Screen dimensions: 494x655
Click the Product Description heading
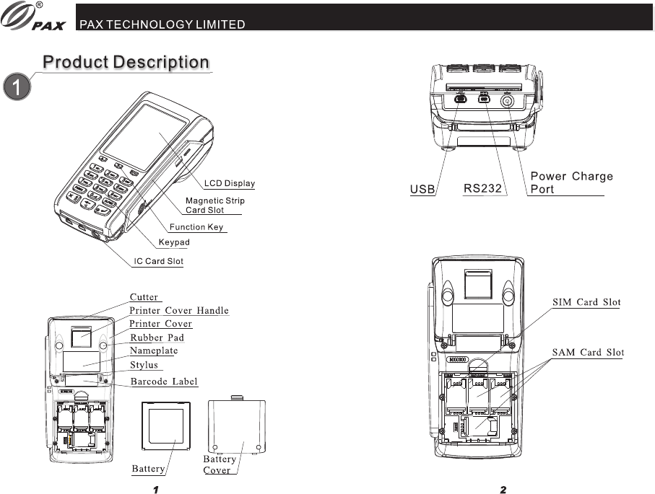tap(126, 62)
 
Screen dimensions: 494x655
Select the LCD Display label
tap(229, 183)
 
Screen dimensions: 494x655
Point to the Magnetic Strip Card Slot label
tap(214, 206)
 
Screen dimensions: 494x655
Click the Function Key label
tap(196, 227)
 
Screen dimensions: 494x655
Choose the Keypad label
tap(174, 242)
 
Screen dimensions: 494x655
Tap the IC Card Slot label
tap(159, 261)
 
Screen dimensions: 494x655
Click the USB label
tap(422, 190)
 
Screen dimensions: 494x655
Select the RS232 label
tap(482, 189)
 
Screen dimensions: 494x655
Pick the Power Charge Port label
tap(571, 182)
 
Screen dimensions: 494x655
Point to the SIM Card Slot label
tap(586, 302)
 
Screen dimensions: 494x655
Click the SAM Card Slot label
tap(587, 353)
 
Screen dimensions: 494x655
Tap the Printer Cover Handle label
tap(178, 311)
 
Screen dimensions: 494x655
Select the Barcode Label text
tap(163, 381)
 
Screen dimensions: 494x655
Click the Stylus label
tap(144, 366)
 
